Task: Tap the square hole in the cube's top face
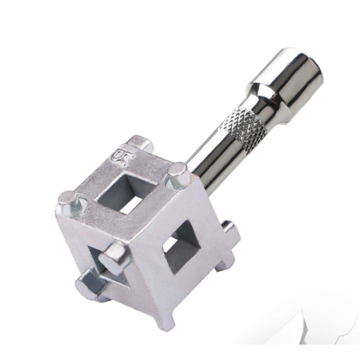(x=132, y=191)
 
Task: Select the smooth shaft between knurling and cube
(x=208, y=164)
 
